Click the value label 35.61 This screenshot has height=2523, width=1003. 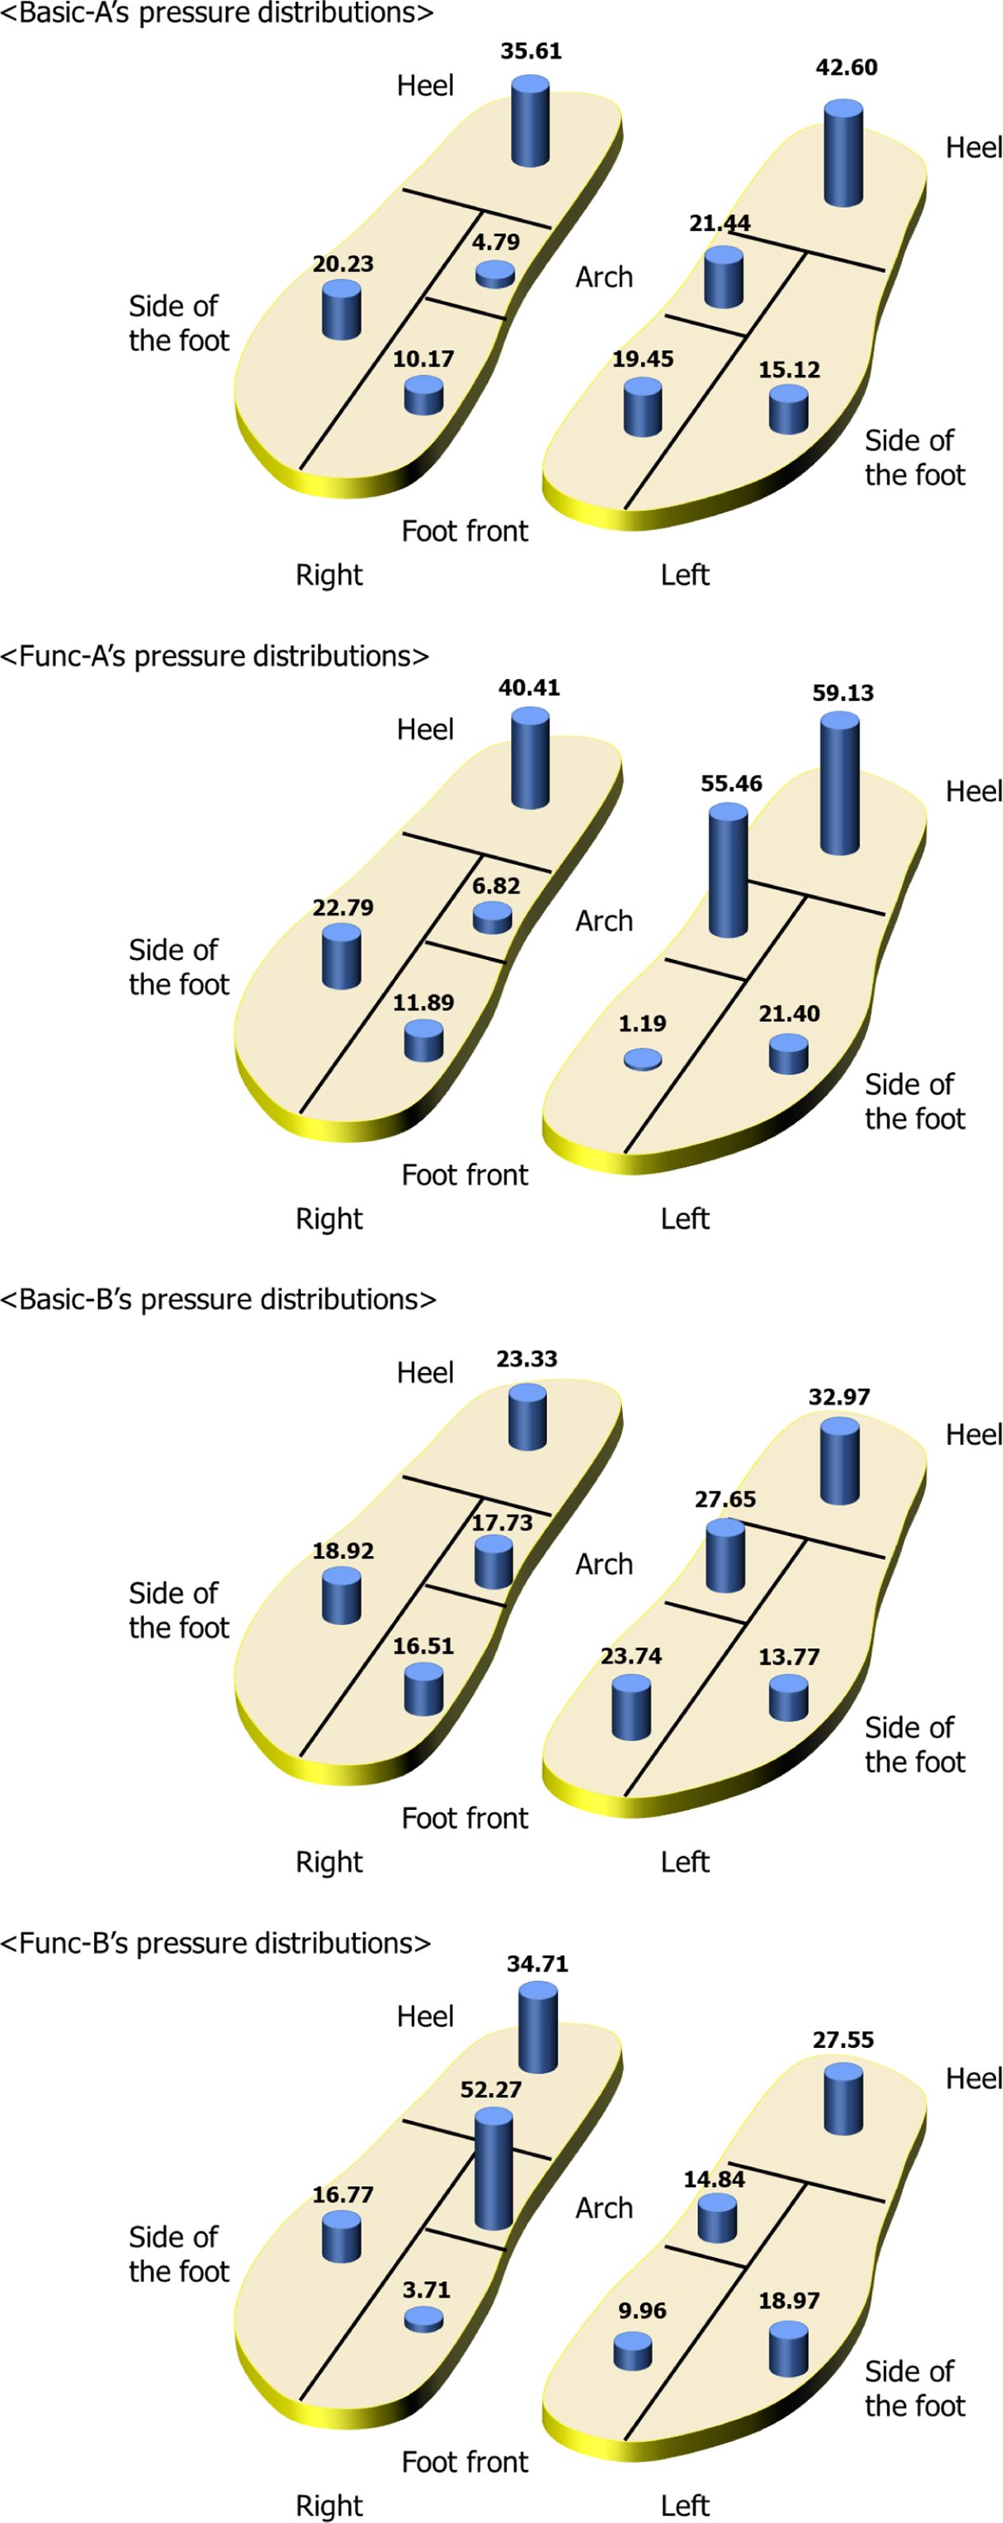(x=531, y=51)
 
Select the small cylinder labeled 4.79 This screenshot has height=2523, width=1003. (x=494, y=275)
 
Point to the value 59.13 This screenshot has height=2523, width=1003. (x=842, y=693)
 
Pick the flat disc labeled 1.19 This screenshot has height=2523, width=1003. (x=642, y=1059)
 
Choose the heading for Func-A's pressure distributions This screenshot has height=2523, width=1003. (x=214, y=655)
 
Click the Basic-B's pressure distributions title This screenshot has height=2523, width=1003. (x=217, y=1299)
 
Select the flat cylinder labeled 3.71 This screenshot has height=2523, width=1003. (x=423, y=2318)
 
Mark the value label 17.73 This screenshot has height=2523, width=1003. (x=501, y=1522)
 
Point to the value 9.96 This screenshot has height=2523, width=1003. (x=642, y=2310)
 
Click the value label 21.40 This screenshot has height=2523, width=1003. (x=789, y=1014)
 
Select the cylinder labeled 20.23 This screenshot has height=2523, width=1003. (x=341, y=310)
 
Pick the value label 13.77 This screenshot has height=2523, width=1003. (x=789, y=1657)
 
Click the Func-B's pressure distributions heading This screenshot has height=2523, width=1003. (x=216, y=1942)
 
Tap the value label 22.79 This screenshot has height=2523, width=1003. (x=343, y=908)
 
